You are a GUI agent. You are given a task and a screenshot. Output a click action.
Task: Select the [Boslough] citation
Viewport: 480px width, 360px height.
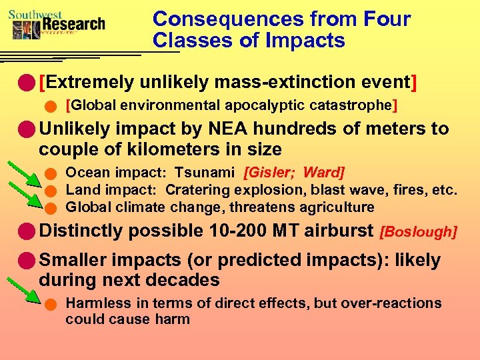pyautogui.click(x=418, y=233)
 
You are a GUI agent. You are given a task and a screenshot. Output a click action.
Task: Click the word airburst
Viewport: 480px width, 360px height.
pyautogui.click(x=339, y=231)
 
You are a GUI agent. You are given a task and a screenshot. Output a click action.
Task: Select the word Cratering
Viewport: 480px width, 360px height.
pyautogui.click(x=199, y=191)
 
